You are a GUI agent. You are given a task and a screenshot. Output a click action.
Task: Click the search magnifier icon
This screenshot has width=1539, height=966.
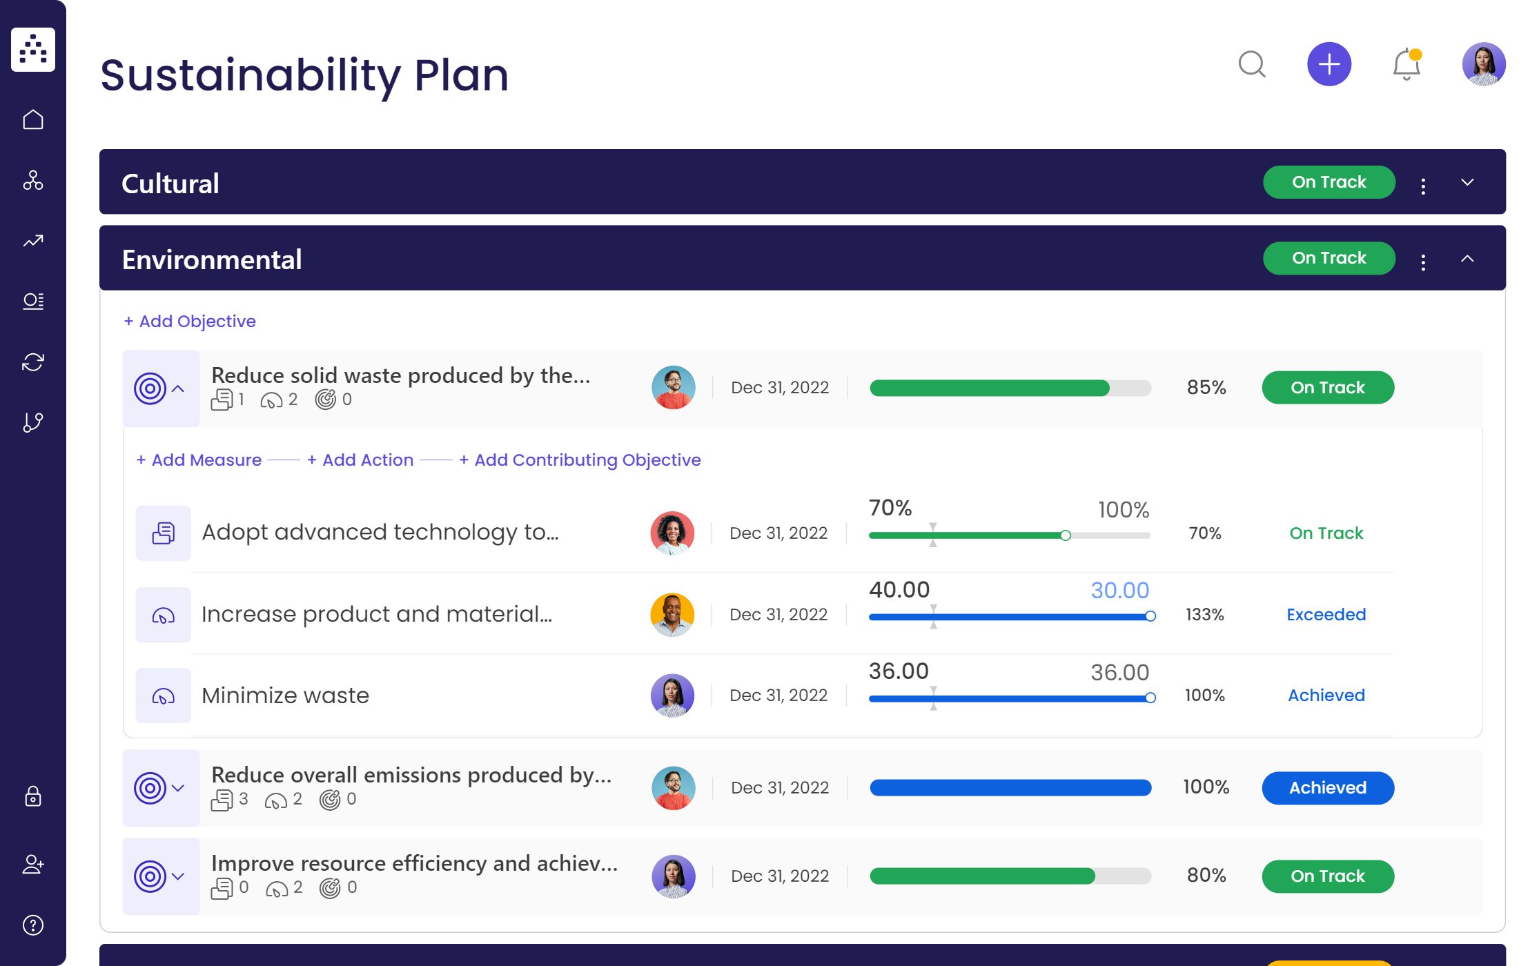tap(1251, 64)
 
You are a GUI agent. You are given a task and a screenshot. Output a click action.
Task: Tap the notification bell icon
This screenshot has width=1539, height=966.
tap(1406, 65)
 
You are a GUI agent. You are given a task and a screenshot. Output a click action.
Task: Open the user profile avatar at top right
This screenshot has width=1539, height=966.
tap(1483, 64)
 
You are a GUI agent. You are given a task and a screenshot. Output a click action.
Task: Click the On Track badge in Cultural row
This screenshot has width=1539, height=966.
tap(1329, 182)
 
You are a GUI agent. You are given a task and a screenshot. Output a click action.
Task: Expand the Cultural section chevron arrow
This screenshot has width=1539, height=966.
tap(1467, 182)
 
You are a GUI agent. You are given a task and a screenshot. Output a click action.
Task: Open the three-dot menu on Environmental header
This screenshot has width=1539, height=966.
tap(1423, 262)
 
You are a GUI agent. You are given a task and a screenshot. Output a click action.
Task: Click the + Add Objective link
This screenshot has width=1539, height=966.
tap(190, 322)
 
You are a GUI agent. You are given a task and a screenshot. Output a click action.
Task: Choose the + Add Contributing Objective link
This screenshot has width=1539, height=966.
tap(580, 460)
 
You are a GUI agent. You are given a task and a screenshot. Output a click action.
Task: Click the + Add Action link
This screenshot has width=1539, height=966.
tap(360, 460)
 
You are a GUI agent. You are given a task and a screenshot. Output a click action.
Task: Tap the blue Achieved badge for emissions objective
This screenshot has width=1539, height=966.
tap(1327, 788)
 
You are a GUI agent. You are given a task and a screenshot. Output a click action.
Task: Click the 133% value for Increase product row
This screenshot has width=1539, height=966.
tap(1204, 615)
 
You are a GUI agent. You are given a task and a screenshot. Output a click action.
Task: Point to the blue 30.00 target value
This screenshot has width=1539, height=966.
tap(1119, 591)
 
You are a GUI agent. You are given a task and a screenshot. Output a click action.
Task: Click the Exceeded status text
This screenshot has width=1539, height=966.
tap(1326, 615)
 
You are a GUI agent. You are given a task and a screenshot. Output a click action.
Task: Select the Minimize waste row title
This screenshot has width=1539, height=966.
tap(285, 696)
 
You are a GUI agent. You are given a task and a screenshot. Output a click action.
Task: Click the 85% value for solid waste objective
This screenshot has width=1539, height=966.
tap(1206, 388)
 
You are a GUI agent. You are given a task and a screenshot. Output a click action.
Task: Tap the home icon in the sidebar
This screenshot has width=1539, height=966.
tap(33, 120)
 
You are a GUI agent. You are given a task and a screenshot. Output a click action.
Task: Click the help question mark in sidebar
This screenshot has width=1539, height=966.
tap(33, 925)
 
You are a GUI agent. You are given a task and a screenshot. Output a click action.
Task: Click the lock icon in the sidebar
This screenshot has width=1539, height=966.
tap(33, 796)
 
